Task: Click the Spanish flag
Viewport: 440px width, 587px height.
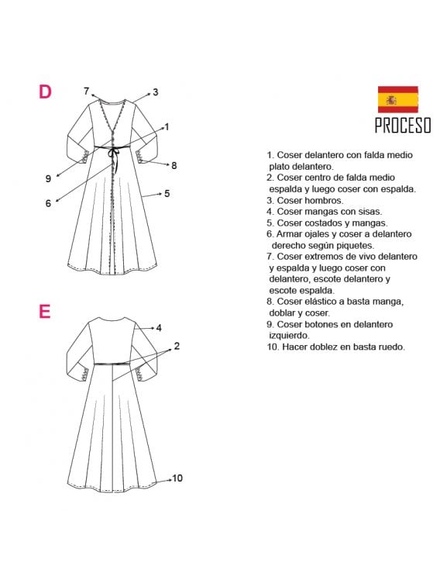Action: click(397, 99)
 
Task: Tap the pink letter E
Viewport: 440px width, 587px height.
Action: click(44, 312)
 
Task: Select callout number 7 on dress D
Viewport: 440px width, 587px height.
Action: click(87, 90)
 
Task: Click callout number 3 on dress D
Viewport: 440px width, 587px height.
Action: click(155, 92)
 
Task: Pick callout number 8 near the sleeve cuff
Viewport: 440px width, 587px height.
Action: click(174, 165)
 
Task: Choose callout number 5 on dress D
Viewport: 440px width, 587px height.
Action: click(167, 193)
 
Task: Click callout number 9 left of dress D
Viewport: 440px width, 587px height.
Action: click(48, 178)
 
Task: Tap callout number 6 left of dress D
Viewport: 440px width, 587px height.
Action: click(48, 203)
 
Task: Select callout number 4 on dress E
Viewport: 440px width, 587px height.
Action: click(158, 328)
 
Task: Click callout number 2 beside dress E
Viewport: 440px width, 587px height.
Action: click(177, 346)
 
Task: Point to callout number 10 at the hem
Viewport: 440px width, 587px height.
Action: click(177, 478)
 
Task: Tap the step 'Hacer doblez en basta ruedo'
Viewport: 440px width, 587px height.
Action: click(335, 347)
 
